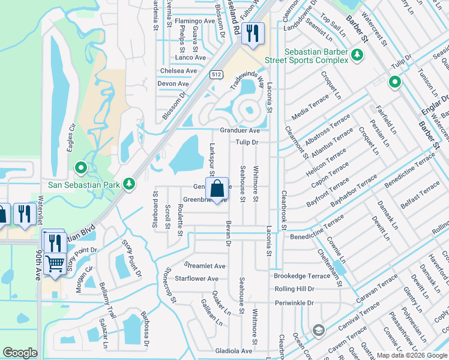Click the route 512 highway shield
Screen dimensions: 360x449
coord(216,74)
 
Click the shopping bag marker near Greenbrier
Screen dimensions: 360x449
coord(217,188)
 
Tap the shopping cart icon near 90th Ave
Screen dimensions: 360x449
coord(55,263)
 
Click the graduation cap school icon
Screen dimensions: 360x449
coord(318,330)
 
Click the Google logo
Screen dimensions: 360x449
coord(20,353)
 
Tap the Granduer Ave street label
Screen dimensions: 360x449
coord(240,130)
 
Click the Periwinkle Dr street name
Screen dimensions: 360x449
coord(294,303)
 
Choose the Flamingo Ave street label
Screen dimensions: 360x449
coord(194,20)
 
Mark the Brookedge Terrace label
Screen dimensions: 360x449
coord(302,275)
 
